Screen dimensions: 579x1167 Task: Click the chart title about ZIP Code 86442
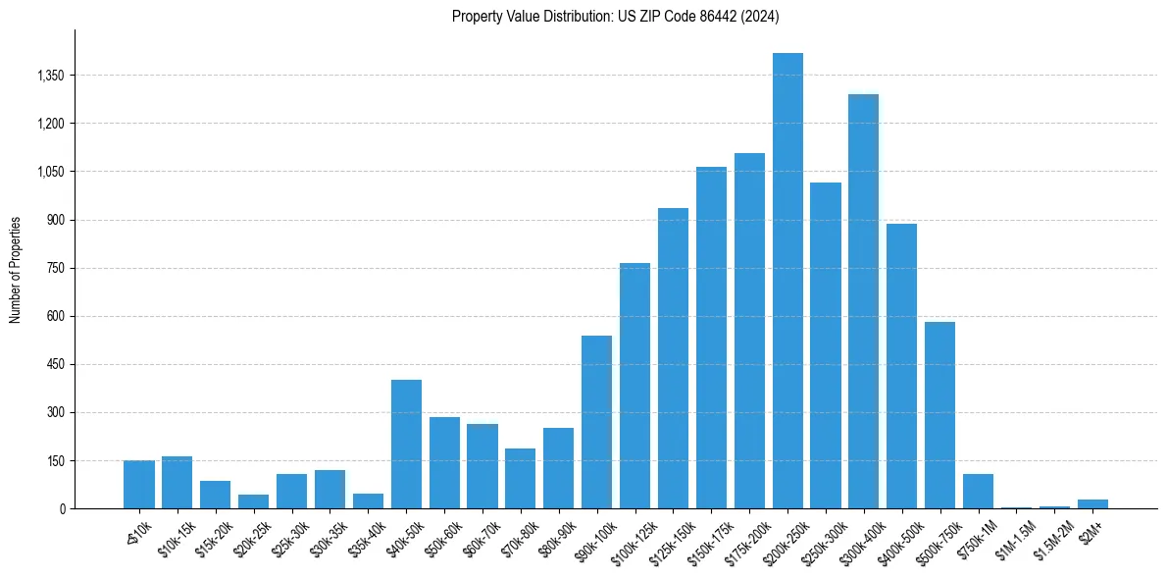pos(615,16)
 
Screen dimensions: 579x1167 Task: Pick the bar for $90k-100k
pos(596,422)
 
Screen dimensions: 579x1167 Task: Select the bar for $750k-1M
pos(978,492)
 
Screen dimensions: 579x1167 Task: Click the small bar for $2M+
pos(1092,504)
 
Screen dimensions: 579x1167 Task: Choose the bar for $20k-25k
pos(253,501)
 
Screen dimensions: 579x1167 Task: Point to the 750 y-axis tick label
pos(55,268)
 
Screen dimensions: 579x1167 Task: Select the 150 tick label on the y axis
pos(55,461)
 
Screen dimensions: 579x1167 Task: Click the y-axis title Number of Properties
pos(16,269)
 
